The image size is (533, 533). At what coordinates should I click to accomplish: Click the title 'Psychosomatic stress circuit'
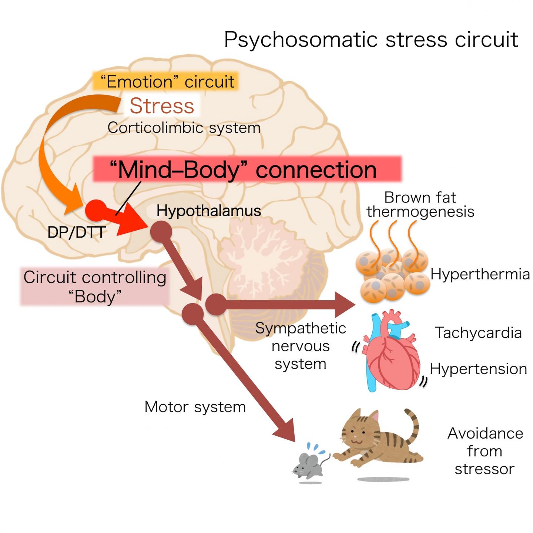371,40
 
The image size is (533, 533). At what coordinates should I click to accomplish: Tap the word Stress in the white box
162,106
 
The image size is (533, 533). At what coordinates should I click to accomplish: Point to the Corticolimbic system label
184,128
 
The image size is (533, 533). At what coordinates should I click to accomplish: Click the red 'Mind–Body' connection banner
247,170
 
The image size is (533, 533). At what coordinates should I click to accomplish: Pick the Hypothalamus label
208,211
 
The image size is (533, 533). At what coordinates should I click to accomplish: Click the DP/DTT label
76,232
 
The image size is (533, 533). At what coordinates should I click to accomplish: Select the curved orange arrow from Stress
56,155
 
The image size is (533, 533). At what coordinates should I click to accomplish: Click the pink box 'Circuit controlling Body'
95,287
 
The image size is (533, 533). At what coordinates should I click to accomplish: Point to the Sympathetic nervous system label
301,346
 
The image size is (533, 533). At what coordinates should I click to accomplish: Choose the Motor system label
195,407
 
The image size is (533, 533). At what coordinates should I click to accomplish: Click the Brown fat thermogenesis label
420,204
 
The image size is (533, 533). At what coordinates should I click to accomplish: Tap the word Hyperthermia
480,274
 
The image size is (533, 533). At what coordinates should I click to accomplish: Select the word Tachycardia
478,332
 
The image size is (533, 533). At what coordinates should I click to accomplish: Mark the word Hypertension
478,369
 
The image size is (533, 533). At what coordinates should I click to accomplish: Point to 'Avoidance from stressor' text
485,451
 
